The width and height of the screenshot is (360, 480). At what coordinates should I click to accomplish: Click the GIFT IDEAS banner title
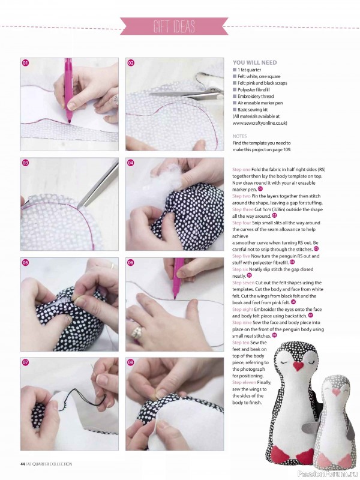(179, 26)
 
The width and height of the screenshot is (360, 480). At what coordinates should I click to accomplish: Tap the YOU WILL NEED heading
(254, 62)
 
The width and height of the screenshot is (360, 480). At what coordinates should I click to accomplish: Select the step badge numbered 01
(26, 63)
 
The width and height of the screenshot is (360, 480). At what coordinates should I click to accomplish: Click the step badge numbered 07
(26, 362)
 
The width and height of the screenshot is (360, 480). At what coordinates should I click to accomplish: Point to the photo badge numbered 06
(131, 263)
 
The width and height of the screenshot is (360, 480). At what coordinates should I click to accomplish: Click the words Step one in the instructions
(243, 170)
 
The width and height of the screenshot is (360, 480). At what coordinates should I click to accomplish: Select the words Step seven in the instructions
(246, 282)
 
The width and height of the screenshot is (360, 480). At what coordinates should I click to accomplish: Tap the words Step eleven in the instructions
(247, 382)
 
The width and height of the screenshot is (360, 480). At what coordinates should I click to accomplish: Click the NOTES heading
(239, 136)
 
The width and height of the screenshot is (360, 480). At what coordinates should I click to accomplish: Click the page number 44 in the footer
(22, 463)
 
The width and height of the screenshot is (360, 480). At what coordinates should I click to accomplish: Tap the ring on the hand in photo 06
(137, 332)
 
